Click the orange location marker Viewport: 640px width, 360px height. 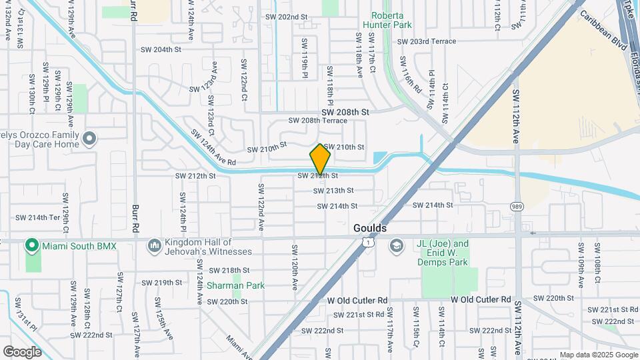[x=321, y=159]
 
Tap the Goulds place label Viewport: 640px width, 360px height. [x=369, y=228]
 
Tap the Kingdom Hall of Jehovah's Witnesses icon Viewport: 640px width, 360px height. [x=155, y=246]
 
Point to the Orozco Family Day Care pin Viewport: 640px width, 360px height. [x=90, y=139]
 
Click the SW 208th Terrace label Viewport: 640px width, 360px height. [x=317, y=121]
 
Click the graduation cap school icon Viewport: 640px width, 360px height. [x=397, y=247]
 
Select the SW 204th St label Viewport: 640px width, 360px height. [x=161, y=49]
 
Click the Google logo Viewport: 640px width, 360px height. [x=22, y=351]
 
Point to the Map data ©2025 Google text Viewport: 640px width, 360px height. [x=598, y=355]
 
